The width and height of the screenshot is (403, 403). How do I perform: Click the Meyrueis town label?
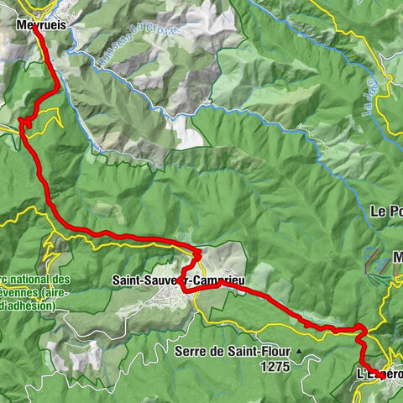pos(41,25)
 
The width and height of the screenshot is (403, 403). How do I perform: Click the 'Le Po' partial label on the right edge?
pos(385,212)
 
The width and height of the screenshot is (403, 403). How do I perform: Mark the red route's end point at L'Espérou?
pos(382,377)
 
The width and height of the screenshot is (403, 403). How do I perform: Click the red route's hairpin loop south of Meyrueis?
pos(25,123)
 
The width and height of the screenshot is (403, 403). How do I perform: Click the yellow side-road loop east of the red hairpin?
pos(52,118)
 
